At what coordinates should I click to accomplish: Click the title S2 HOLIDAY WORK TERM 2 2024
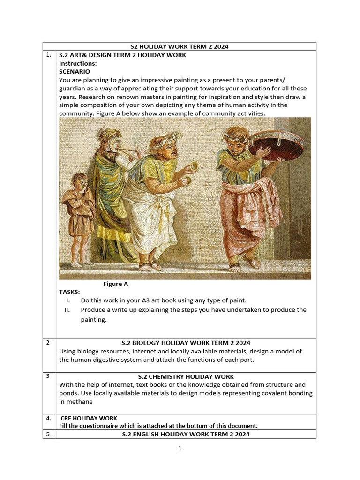point(179,46)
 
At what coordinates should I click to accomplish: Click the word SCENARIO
point(75,72)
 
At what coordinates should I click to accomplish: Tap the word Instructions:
point(78,63)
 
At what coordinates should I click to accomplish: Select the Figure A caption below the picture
point(115,284)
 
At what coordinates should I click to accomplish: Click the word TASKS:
point(69,292)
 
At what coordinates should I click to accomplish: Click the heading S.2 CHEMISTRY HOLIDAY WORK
point(186,376)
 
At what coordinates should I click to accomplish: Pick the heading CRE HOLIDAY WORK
point(89,418)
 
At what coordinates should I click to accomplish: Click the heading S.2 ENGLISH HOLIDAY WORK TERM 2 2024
point(186,435)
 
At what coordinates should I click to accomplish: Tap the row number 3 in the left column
point(48,376)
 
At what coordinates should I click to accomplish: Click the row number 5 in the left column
point(48,434)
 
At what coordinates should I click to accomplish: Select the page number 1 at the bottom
point(180,448)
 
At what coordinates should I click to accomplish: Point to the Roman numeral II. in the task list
point(67,310)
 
